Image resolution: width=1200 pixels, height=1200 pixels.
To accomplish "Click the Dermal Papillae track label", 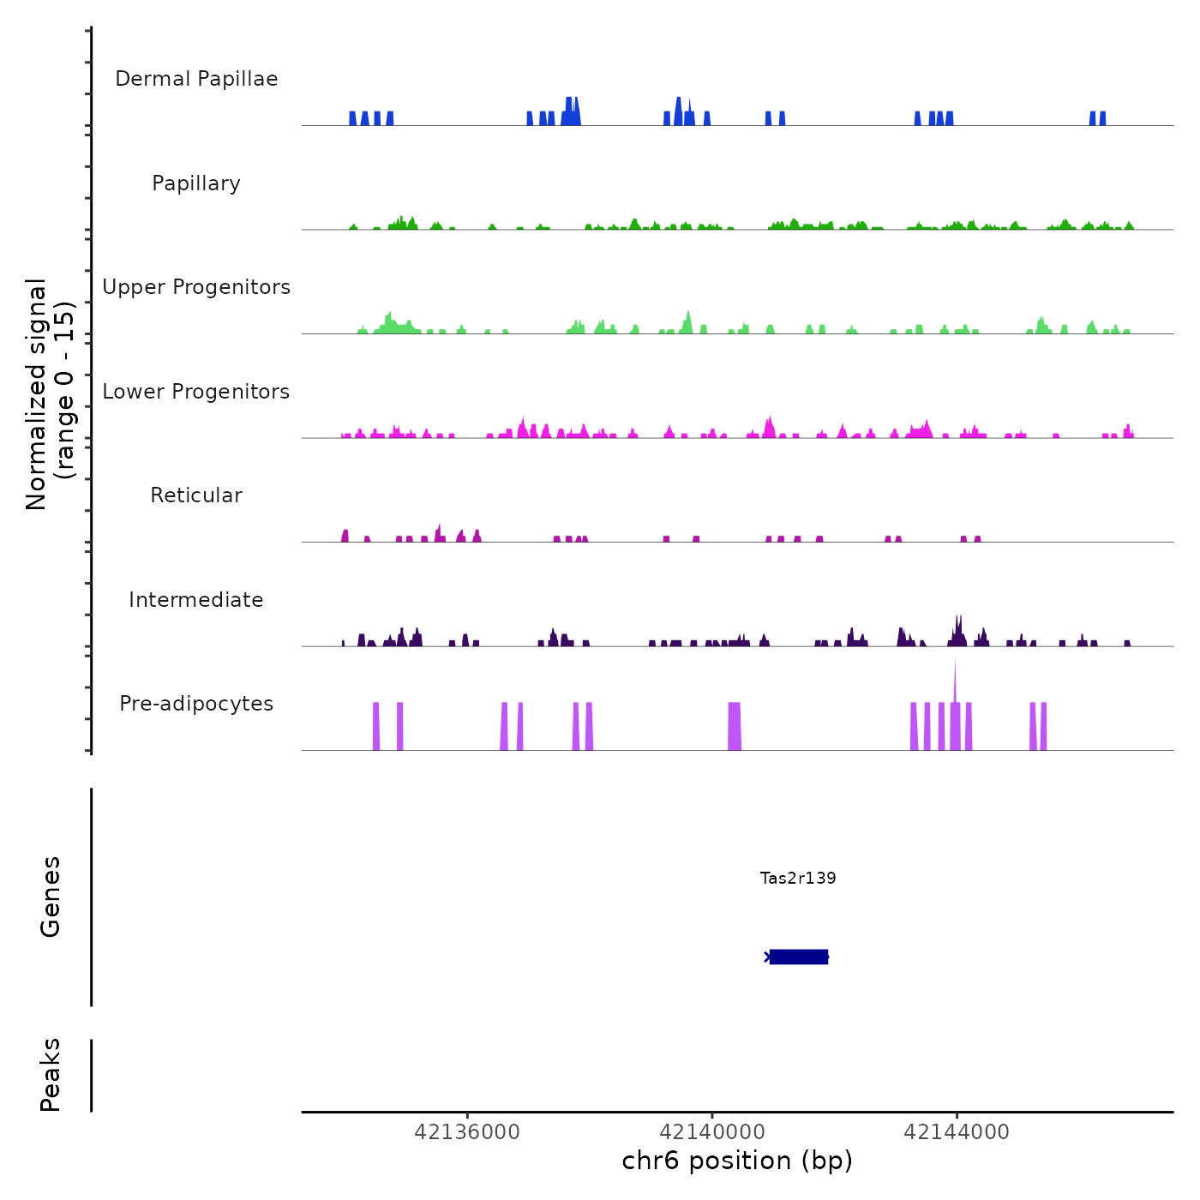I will (196, 79).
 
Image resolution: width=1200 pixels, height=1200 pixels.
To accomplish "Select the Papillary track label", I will (196, 183).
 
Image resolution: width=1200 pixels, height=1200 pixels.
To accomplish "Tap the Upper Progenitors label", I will (196, 287).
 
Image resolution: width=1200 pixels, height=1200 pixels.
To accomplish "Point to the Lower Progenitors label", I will (196, 392).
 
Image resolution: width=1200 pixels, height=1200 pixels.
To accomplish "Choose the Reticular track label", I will (196, 495).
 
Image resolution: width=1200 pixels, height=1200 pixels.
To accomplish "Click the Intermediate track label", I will (196, 600).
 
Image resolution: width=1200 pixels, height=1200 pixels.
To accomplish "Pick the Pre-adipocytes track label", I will (196, 704).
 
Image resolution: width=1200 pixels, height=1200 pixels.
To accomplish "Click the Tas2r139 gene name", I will (798, 878).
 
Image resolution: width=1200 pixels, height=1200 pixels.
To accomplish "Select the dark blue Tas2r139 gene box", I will (799, 957).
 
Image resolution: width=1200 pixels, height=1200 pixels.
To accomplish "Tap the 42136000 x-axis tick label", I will (467, 1132).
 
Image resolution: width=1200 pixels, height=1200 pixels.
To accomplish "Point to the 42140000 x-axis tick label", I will (712, 1132).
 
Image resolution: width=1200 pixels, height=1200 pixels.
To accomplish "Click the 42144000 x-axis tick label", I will (957, 1132).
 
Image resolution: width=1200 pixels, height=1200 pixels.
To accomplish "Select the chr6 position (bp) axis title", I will (737, 1161).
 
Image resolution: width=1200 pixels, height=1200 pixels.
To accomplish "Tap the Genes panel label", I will (51, 897).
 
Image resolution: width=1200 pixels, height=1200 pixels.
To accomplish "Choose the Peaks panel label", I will (51, 1075).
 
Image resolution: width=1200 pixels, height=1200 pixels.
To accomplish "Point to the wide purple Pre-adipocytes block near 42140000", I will (735, 726).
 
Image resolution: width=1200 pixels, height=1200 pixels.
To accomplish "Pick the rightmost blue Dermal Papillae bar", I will (1102, 118).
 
